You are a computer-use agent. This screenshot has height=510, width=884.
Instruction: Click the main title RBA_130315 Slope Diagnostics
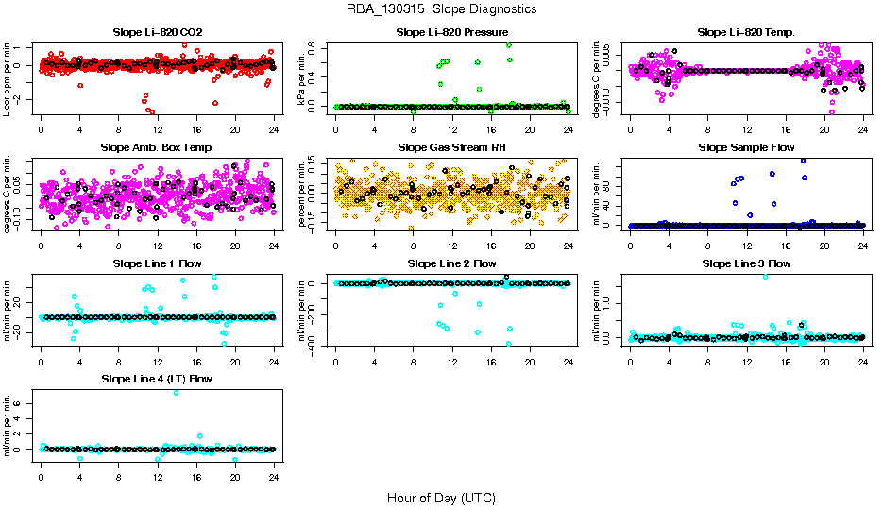point(442,8)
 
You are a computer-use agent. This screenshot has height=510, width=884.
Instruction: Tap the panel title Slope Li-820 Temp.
point(746,33)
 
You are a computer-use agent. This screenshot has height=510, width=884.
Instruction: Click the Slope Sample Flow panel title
point(746,148)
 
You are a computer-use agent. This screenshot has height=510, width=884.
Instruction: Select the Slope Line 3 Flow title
point(746,263)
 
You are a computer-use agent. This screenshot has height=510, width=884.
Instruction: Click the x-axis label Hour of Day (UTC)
point(442,498)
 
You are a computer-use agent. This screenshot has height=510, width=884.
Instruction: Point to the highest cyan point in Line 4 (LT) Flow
point(177,392)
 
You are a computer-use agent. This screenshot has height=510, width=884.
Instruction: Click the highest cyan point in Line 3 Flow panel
point(765,277)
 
